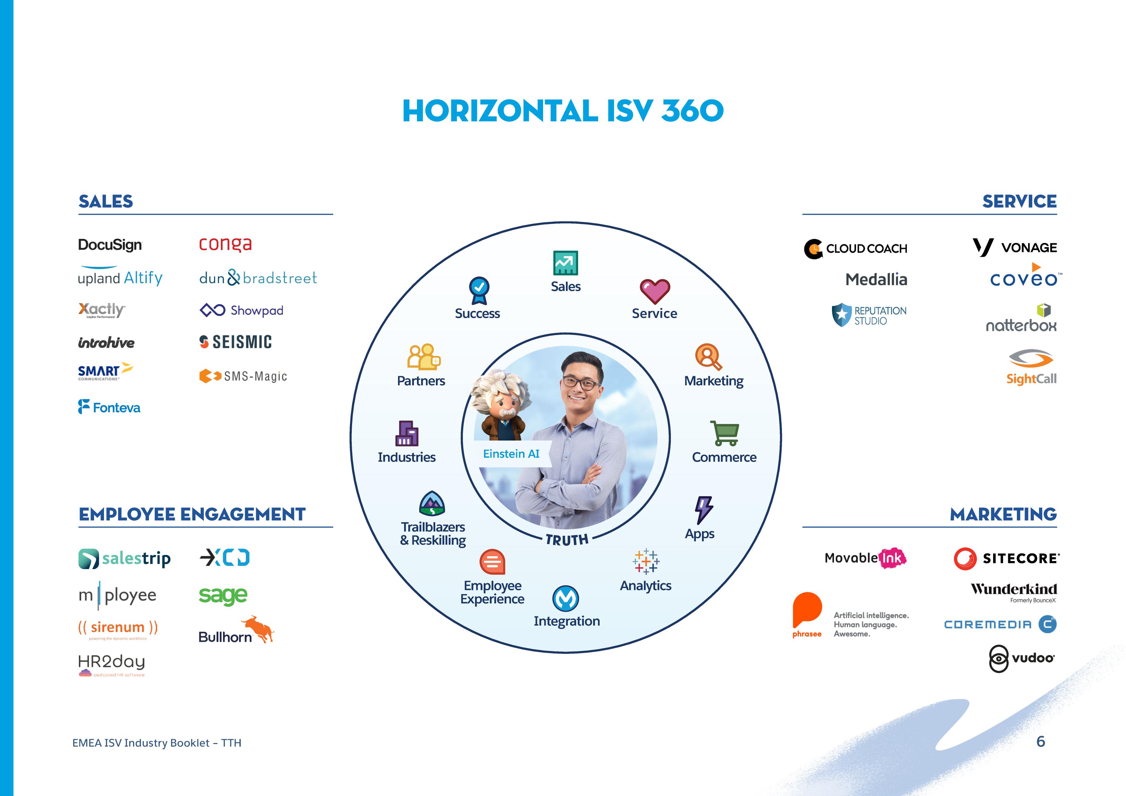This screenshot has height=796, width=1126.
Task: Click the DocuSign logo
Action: click(x=110, y=245)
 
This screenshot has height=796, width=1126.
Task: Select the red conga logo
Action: click(x=225, y=244)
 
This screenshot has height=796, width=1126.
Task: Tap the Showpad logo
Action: click(x=241, y=310)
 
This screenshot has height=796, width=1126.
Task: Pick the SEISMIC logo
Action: click(x=235, y=342)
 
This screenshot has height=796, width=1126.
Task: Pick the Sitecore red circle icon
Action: click(x=965, y=558)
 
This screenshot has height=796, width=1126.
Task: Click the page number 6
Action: click(x=1041, y=741)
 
